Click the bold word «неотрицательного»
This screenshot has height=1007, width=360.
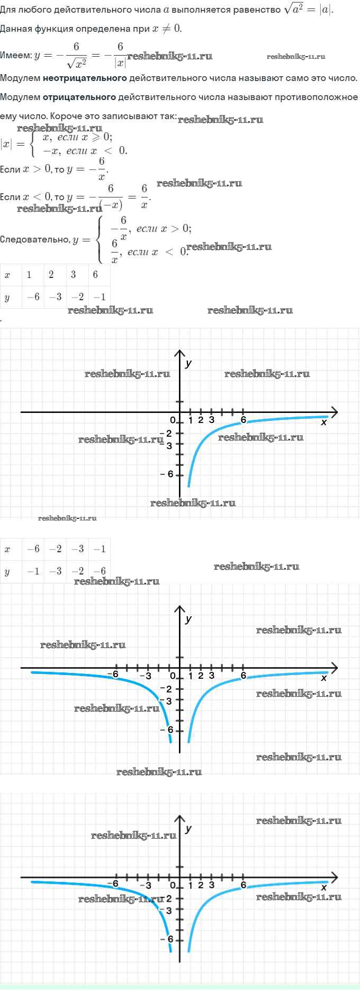[x=85, y=78]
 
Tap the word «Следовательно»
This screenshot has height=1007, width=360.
[x=34, y=239]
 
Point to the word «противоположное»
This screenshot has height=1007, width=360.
[x=316, y=97]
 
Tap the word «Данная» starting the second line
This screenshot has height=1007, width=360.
[x=15, y=29]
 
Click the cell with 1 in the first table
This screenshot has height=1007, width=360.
[x=29, y=274]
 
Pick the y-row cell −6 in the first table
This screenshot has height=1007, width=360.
[x=33, y=297]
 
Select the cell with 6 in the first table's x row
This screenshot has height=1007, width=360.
[x=95, y=274]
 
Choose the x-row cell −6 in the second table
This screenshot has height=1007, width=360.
[x=33, y=549]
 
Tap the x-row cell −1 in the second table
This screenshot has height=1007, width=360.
[x=100, y=549]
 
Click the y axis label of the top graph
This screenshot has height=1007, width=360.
[x=188, y=363]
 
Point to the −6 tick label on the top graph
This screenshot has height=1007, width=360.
[x=167, y=474]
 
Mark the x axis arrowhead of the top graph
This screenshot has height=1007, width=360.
[x=334, y=411]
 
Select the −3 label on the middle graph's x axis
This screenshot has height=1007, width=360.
[x=146, y=676]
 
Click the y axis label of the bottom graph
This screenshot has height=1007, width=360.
[x=188, y=829]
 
